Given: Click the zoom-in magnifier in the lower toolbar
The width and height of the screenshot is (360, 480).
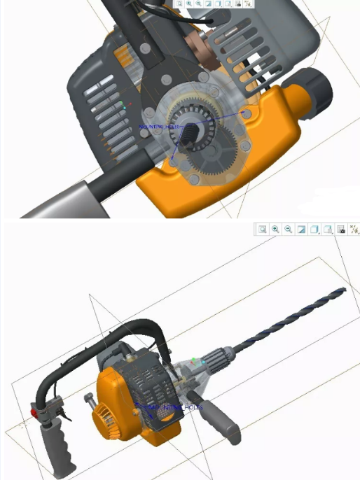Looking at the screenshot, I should coord(275,230).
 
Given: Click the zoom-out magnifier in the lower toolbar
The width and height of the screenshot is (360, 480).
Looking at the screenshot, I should coord(288,230).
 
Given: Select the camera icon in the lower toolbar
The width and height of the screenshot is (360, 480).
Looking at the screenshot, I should coord(340,230).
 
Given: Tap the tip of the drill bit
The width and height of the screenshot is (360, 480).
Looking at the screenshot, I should coord(345,289).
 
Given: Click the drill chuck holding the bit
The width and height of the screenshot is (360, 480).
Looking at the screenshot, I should coord(219,358).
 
